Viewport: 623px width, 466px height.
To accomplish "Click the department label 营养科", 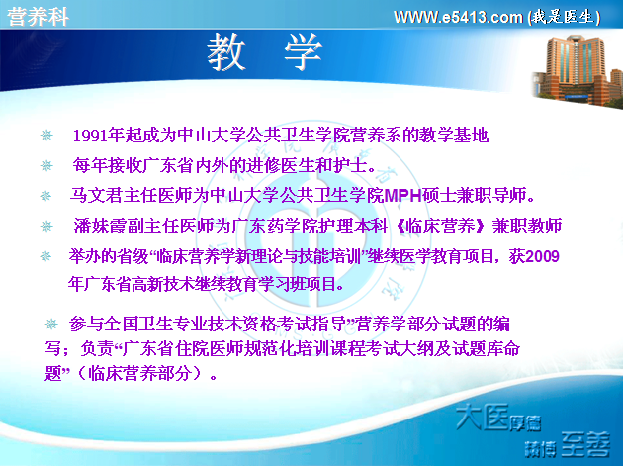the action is click(39, 17).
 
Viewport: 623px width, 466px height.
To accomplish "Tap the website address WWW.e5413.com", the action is click(458, 17).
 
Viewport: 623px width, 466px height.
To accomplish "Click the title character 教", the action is click(226, 52).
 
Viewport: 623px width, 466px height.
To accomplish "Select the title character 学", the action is click(303, 52).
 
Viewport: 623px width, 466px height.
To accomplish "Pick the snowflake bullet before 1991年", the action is click(46, 136).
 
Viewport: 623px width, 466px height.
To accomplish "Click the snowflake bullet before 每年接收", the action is click(46, 165).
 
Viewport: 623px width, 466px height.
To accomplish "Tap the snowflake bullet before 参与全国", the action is click(51, 325).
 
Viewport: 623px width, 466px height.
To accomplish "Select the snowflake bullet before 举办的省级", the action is click(45, 256).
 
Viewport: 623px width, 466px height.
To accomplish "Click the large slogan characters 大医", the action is click(482, 417).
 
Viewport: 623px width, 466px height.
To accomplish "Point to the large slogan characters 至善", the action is click(585, 444).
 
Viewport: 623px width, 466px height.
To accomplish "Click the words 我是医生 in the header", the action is click(565, 17).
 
